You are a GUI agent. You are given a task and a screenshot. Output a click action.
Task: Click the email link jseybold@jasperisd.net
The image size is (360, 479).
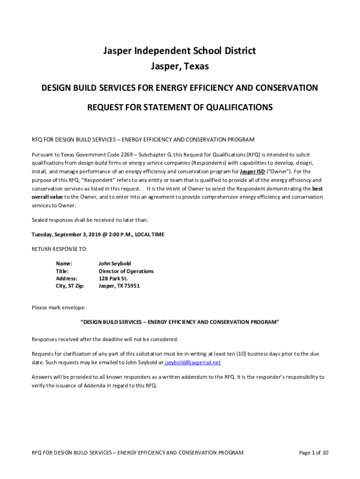193,363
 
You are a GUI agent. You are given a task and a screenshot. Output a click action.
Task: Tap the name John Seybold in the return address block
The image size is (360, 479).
115,264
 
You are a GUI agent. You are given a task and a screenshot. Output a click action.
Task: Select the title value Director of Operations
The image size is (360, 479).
126,271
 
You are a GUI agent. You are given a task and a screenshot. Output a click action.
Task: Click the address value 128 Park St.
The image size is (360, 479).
113,279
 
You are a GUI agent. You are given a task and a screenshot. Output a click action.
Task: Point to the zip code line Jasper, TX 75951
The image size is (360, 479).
119,286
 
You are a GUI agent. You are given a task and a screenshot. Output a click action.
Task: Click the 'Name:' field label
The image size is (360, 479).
64,264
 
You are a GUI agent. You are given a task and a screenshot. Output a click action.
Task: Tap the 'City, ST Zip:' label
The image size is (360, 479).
70,286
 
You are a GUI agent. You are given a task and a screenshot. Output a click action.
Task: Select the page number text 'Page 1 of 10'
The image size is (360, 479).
313,453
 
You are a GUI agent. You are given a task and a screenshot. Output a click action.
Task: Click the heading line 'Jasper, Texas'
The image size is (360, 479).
180,67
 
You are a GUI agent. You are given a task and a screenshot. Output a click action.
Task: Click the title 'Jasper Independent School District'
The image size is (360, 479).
180,51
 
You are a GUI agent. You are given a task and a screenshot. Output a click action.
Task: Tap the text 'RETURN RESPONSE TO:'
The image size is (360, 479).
59,249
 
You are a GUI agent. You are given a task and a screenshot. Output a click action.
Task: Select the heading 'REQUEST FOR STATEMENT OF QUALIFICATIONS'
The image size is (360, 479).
180,108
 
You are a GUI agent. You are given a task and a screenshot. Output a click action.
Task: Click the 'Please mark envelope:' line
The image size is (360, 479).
58,308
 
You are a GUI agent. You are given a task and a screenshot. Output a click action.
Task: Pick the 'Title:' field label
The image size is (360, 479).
62,271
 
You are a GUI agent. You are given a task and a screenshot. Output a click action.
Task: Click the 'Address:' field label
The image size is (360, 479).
66,279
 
